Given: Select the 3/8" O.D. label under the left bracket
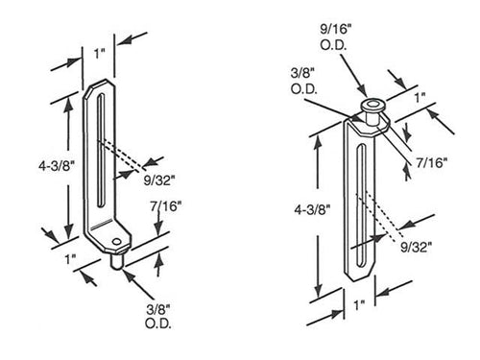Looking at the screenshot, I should click(153, 315).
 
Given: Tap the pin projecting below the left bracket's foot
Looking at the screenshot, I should click(118, 257).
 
